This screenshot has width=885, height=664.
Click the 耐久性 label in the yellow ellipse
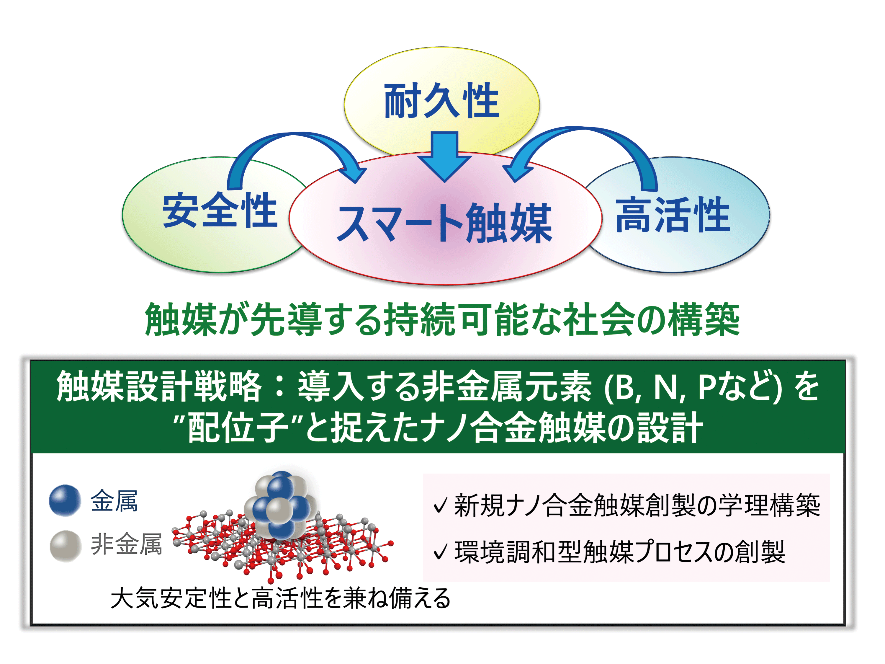pyautogui.click(x=441, y=101)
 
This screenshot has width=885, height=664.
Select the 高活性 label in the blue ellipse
pyautogui.click(x=673, y=215)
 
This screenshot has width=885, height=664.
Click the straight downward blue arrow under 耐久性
pyautogui.click(x=444, y=157)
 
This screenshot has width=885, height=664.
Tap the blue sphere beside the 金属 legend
pyautogui.click(x=65, y=500)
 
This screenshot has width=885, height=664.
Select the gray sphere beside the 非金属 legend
pyautogui.click(x=66, y=546)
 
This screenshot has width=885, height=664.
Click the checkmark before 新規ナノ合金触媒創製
pyautogui.click(x=440, y=505)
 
